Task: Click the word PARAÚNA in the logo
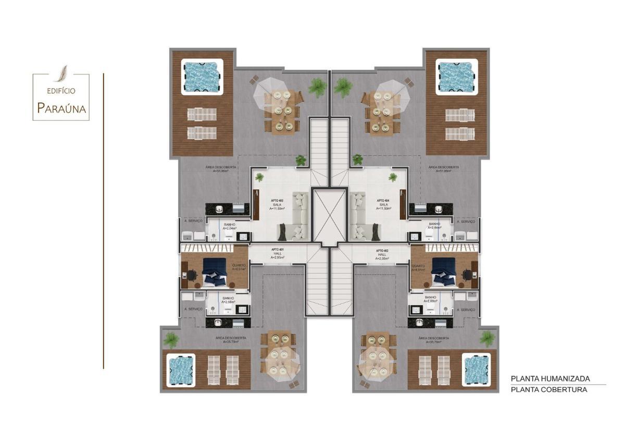click(x=61, y=108)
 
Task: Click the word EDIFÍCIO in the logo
click(x=61, y=91)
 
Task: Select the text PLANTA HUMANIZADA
click(x=550, y=379)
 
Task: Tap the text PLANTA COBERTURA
click(x=548, y=389)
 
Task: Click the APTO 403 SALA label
click(x=277, y=204)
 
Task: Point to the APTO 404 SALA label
click(x=383, y=204)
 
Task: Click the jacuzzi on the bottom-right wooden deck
click(x=476, y=369)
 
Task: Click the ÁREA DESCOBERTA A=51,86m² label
click(x=221, y=169)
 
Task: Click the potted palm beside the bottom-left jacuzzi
click(x=171, y=340)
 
